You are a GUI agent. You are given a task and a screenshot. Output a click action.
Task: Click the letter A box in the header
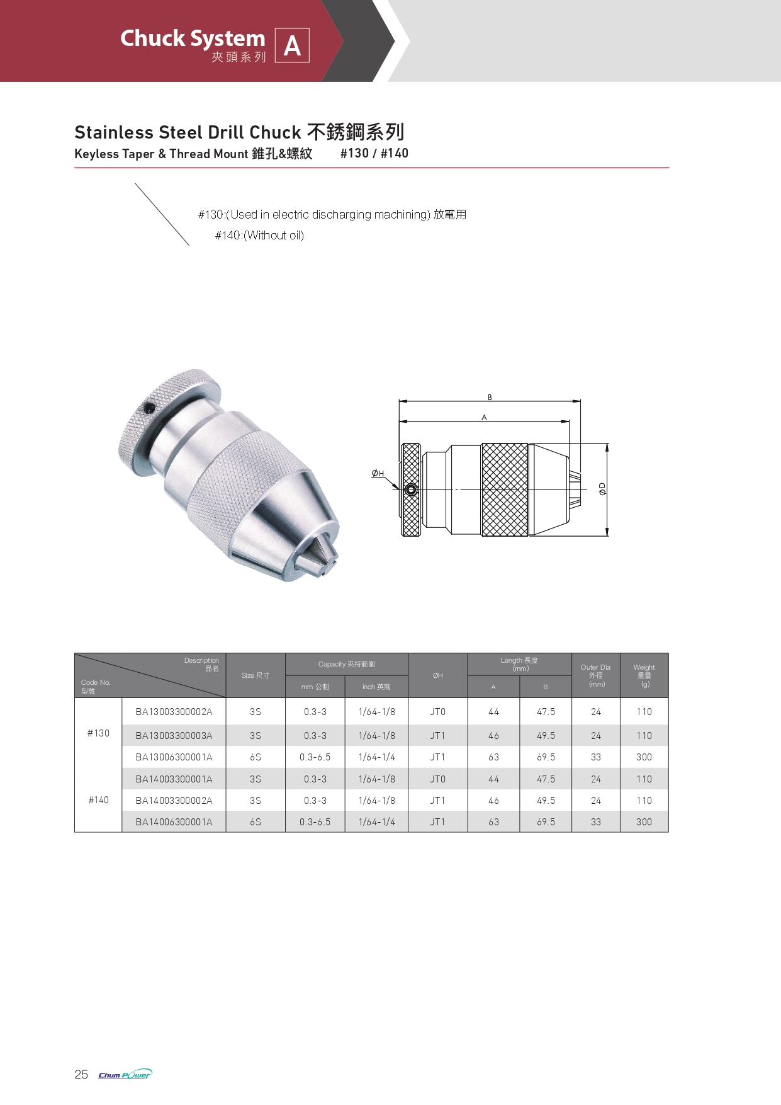tap(292, 45)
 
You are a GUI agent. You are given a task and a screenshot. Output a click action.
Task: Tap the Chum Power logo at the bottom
tap(125, 1074)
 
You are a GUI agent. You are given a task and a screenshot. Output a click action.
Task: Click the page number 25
tap(81, 1074)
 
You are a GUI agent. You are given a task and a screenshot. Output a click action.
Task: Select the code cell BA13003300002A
tap(174, 712)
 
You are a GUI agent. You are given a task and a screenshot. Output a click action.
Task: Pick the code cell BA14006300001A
tap(174, 822)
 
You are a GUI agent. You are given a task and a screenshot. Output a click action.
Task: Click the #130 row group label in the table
tap(98, 733)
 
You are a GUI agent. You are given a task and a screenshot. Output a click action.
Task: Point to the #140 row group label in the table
tap(98, 800)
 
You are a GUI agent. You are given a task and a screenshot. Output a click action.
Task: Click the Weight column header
tap(644, 675)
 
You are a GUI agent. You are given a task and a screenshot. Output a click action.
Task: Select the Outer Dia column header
tap(595, 675)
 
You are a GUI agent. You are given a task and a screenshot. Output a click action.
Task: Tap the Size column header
tap(256, 675)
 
